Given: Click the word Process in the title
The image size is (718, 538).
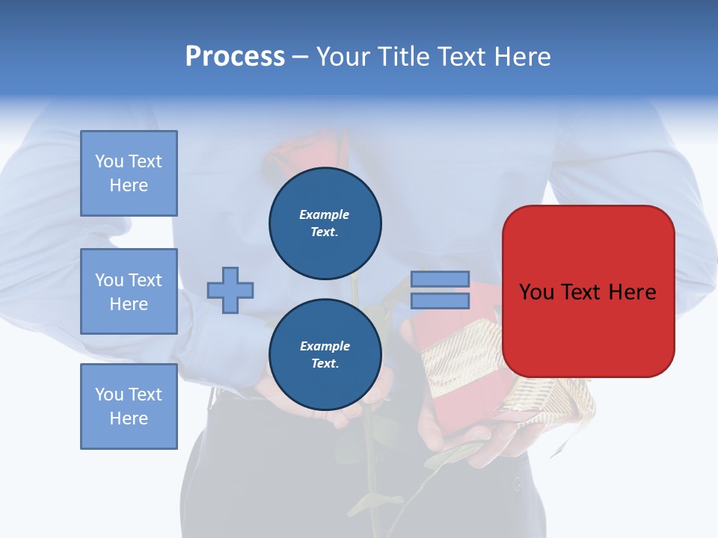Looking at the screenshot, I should coord(235,57).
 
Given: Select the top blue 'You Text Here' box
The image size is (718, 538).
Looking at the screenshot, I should coord(129,173).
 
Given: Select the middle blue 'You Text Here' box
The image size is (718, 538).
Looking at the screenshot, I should coord(129,291).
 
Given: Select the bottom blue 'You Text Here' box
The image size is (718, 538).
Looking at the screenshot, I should coord(129,406).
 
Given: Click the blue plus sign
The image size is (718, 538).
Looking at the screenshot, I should coord(230,290).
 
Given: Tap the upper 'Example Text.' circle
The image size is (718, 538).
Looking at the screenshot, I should coord(325,223).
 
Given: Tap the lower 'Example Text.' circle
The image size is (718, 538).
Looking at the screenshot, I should coord(325,355).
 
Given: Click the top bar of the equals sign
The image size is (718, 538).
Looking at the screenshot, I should coord(440,279).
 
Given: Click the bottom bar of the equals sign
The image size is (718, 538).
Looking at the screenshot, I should coord(440,300).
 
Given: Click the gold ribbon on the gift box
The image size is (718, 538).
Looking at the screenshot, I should coord(456,359).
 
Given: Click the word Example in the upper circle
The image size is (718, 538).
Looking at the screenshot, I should coord(325,214).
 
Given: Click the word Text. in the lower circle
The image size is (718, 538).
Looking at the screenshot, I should coord(325,364).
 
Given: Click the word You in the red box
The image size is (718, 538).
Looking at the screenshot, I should coord(536,292).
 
